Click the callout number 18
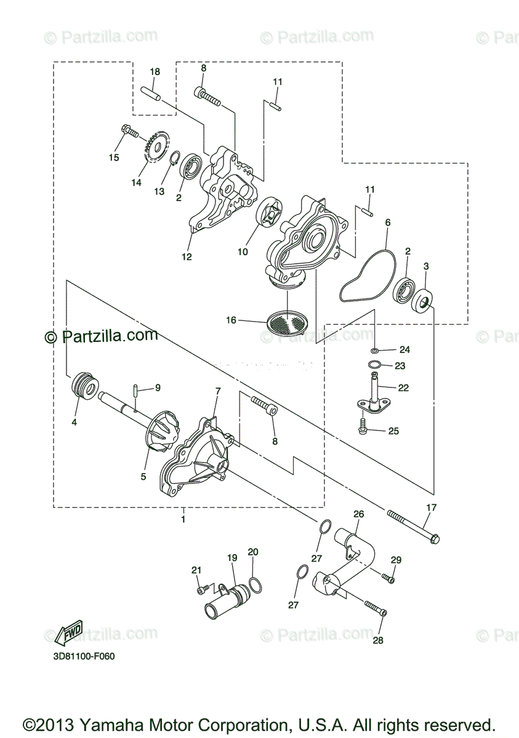click(x=155, y=72)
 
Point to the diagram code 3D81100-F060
click(x=84, y=656)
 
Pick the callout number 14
click(x=136, y=183)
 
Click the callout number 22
click(x=403, y=388)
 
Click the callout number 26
click(x=358, y=514)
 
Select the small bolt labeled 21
click(x=200, y=590)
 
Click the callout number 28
click(x=377, y=640)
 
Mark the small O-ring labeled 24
click(x=375, y=350)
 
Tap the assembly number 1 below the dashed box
click(x=183, y=519)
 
